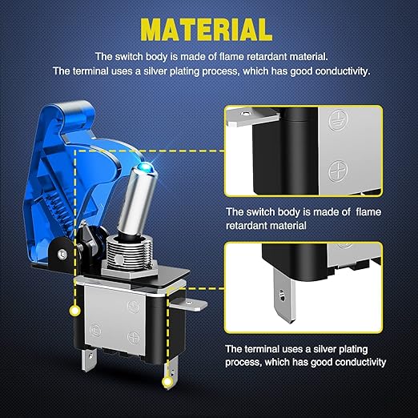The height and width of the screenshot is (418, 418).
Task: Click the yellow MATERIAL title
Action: point(207,30)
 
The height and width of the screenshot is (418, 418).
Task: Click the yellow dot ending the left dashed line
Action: point(74,311)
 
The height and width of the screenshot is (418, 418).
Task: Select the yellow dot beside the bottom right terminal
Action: point(167,382)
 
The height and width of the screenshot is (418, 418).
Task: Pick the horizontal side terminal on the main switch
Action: point(189,304)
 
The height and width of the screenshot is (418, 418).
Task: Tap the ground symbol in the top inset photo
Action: point(338,120)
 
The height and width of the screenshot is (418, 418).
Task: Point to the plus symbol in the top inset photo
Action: point(338,171)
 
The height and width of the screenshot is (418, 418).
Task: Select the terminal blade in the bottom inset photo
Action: point(284,295)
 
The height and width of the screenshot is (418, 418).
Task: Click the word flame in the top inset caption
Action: point(368,212)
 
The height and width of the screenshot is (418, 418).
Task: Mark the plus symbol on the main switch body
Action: point(134,337)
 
